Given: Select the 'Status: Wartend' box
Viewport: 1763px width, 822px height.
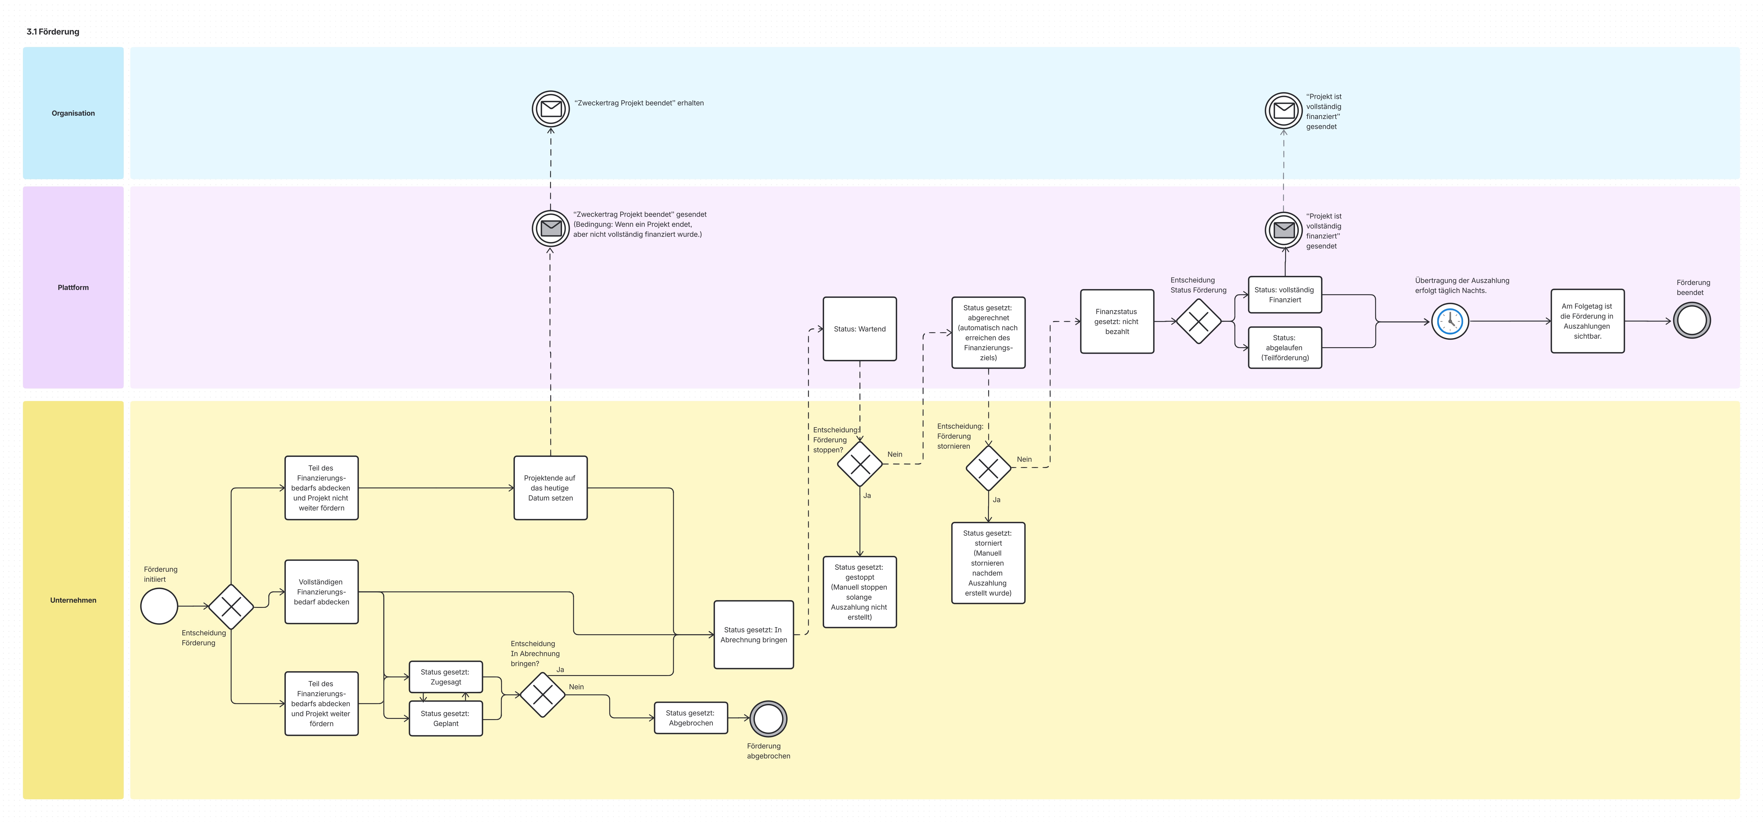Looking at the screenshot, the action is (x=860, y=329).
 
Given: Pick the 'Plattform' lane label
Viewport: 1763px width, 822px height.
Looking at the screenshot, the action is (x=73, y=287).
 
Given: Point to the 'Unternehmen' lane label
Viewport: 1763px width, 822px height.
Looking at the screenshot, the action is (x=73, y=600).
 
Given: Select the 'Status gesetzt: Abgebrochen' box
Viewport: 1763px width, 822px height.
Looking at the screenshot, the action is (x=691, y=718).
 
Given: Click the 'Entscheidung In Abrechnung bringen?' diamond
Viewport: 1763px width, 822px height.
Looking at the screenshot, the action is (x=543, y=695).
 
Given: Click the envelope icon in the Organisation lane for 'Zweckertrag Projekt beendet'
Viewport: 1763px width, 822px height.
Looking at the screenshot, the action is (x=551, y=109).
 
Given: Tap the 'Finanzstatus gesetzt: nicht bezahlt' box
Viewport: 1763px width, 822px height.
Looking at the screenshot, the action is (x=1117, y=322).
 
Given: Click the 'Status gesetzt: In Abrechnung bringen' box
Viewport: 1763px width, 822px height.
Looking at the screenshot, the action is (x=753, y=634).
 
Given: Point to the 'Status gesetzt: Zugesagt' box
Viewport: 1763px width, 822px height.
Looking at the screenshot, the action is (x=446, y=677).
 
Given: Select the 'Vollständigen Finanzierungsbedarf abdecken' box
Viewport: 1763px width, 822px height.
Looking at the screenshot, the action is (x=322, y=592).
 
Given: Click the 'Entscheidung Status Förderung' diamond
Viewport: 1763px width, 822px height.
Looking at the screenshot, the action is (x=1198, y=321).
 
